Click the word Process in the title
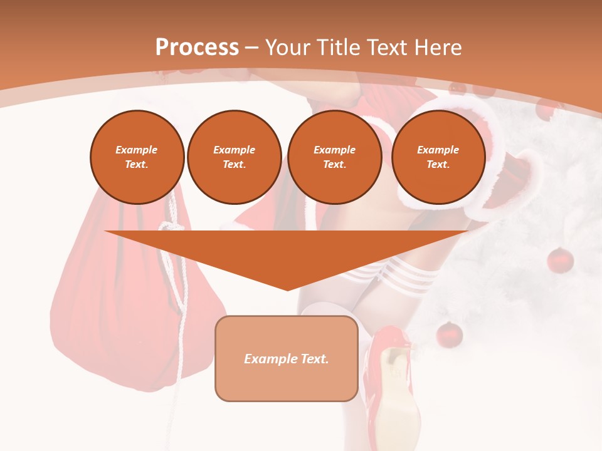pos(197,47)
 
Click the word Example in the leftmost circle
pos(137,150)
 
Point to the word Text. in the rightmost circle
pos(438,164)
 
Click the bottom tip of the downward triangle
pos(287,289)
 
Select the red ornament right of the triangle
pos(560,260)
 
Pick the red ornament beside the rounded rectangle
pos(449,334)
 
